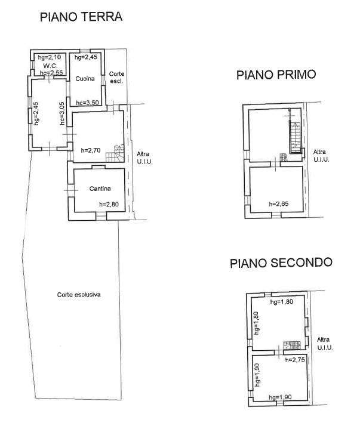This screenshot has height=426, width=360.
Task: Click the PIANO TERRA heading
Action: (81, 17)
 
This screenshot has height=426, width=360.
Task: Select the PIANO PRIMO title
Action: (276, 75)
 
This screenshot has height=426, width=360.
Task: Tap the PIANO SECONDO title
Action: (281, 263)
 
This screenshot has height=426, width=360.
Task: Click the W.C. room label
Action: (50, 66)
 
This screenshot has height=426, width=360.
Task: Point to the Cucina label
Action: (85, 79)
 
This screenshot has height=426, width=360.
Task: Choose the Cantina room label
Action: (100, 189)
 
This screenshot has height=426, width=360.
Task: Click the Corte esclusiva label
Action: (79, 295)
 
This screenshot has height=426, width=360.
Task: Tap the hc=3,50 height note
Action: (87, 103)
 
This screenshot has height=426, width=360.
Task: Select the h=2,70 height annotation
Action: (91, 150)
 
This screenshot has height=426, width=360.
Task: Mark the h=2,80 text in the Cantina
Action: (109, 204)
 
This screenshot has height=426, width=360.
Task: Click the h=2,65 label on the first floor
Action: (279, 204)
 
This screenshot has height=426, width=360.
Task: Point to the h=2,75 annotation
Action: (295, 360)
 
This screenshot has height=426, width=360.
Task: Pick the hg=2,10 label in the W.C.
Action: (50, 57)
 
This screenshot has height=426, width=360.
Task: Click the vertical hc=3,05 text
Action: (62, 113)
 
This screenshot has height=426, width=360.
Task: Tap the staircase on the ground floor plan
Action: (115, 153)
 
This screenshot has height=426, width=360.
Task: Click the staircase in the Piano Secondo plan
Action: (292, 345)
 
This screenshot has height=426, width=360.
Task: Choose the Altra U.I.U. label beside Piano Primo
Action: (321, 156)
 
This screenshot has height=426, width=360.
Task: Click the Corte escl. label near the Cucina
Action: (116, 78)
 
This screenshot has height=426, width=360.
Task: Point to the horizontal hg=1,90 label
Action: (281, 397)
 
